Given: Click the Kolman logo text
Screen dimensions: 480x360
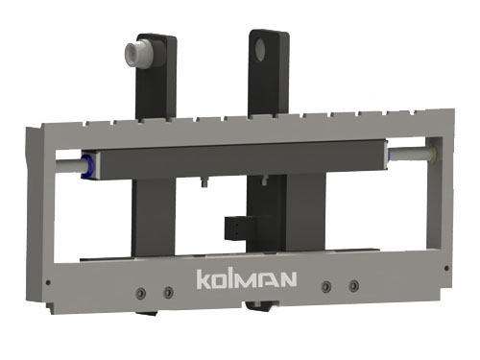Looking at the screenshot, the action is coord(247,279).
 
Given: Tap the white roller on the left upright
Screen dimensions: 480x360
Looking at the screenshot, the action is coord(139,55).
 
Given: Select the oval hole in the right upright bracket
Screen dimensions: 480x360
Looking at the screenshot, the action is coord(260,50).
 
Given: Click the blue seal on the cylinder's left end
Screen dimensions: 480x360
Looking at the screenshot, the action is coord(88,166).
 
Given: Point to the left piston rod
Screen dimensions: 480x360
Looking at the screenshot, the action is coord(69,166).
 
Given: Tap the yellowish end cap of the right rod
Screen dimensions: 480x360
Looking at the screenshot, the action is coord(433,153).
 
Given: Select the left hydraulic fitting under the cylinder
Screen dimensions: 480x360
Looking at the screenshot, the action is coord(204,182).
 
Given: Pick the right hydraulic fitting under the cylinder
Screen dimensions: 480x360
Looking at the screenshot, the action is coord(264,180).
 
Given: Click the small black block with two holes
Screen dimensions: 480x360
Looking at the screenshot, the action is coord(237,228).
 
